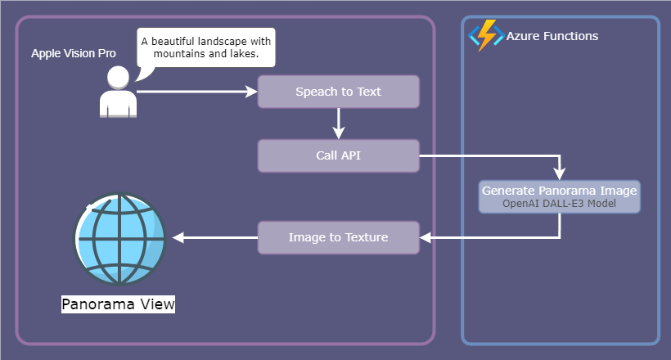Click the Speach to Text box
click(338, 92)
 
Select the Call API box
click(338, 155)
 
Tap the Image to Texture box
click(338, 237)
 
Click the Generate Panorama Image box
click(559, 196)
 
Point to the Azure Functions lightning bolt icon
click(484, 36)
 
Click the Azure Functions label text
click(552, 36)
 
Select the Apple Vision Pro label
click(74, 53)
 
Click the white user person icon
click(118, 92)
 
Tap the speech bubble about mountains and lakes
click(205, 47)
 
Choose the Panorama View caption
click(119, 304)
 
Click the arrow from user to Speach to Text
click(196, 92)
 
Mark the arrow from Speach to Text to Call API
click(338, 124)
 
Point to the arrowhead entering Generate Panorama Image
click(560, 174)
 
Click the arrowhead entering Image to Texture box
click(426, 238)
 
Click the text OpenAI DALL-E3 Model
click(559, 204)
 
